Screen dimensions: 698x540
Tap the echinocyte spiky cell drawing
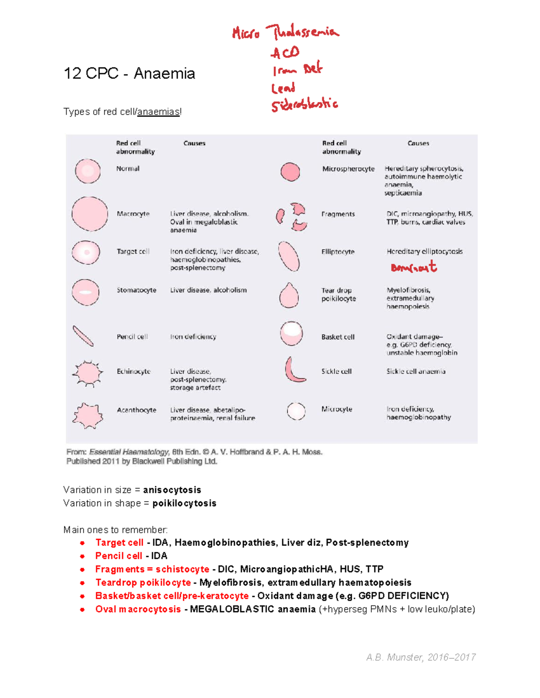point(87,373)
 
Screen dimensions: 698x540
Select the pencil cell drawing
point(83,336)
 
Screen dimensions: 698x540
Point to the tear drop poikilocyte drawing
point(289,296)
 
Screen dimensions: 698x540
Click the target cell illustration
point(86,252)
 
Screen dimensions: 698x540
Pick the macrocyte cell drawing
point(90,214)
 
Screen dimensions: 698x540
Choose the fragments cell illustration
point(292,217)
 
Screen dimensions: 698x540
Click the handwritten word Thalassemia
point(302,32)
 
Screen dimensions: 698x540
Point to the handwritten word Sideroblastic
point(304,105)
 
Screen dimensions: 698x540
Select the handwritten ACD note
point(285,53)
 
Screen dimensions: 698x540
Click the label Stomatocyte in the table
point(136,290)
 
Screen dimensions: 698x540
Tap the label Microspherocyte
point(348,169)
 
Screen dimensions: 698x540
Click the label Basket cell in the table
point(337,337)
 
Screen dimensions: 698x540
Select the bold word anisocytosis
point(172,490)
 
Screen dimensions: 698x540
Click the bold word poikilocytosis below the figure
point(184,503)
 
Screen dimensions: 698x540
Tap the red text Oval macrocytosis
point(138,609)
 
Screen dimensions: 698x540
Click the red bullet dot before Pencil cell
point(82,556)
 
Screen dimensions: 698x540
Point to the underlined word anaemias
point(158,112)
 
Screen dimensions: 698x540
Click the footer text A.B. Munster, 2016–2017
point(421,658)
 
